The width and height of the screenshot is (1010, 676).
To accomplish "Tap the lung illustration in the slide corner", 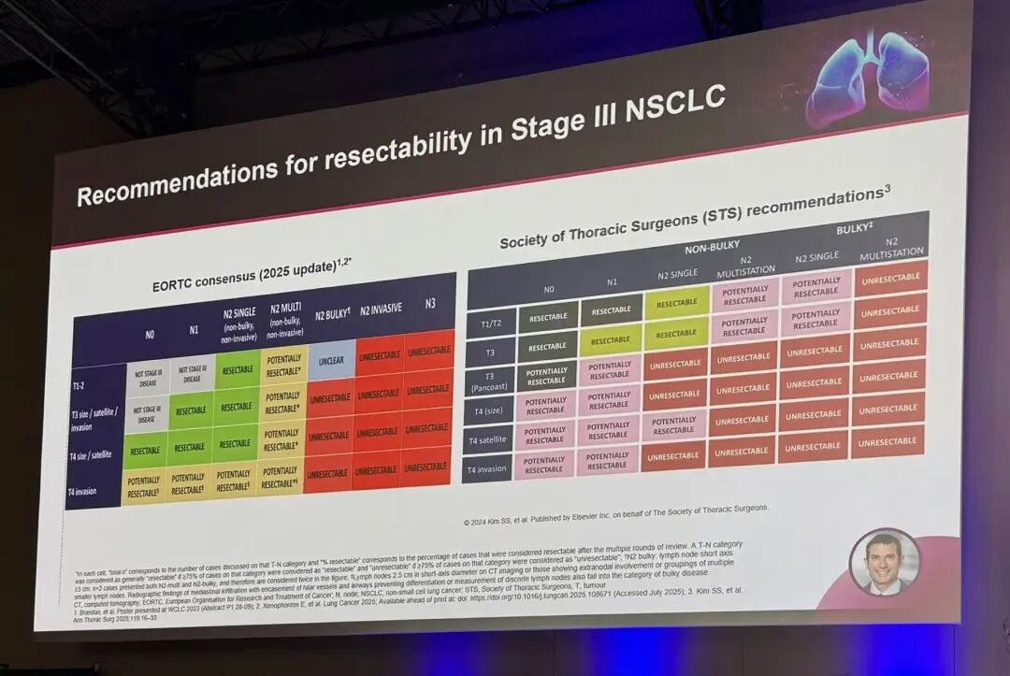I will [868, 76].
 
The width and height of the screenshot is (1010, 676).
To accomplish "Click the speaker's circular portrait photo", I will [884, 564].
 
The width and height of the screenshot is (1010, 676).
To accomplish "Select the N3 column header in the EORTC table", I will [430, 303].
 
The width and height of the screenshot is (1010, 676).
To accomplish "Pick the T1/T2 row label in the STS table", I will [491, 324].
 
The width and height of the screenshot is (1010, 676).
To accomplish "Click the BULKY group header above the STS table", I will [854, 229].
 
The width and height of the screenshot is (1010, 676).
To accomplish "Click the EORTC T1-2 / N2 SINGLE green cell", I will [238, 369].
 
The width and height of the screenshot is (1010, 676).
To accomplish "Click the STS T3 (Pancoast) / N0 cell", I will [546, 376].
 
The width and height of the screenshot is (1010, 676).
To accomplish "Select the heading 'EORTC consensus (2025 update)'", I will [244, 276].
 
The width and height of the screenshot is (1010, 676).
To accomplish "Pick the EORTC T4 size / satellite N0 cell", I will [145, 450].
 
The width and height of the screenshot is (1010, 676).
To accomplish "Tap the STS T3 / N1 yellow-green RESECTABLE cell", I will [611, 341].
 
